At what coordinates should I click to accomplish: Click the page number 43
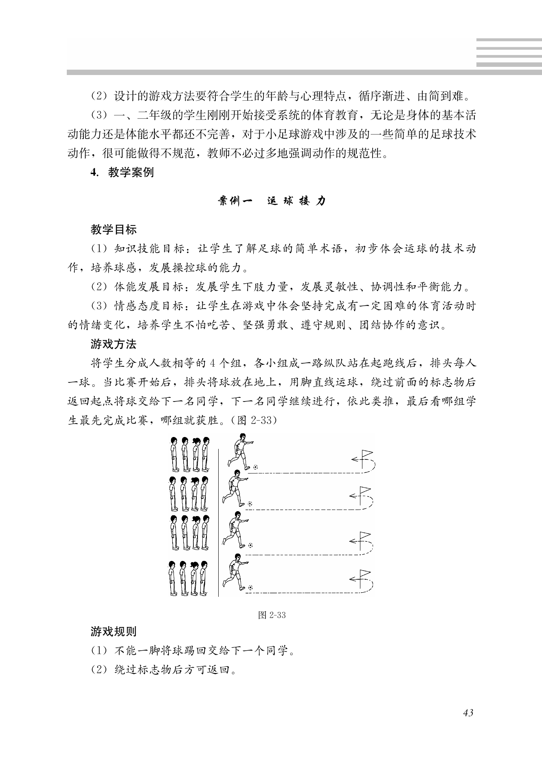[x=468, y=713]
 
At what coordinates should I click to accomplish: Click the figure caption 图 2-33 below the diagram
[x=272, y=615]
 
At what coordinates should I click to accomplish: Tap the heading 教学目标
[x=114, y=230]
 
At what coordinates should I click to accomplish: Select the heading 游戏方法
[x=114, y=344]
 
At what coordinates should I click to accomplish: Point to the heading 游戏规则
[x=114, y=632]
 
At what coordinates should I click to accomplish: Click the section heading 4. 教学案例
[x=122, y=172]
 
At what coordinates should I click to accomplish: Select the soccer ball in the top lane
[x=255, y=467]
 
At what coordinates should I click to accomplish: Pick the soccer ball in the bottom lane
[x=250, y=587]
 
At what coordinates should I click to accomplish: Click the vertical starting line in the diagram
[x=219, y=522]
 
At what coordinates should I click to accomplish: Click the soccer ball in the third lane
[x=250, y=545]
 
